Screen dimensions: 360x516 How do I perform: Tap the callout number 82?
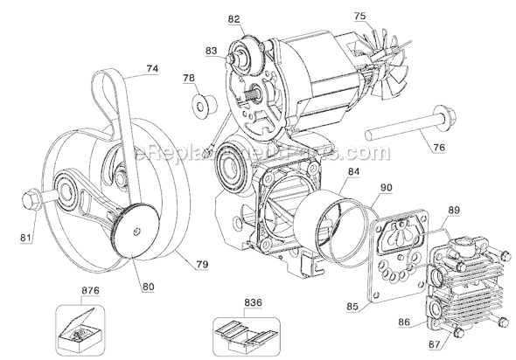click(x=234, y=18)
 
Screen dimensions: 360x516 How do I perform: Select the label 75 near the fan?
click(x=359, y=16)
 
